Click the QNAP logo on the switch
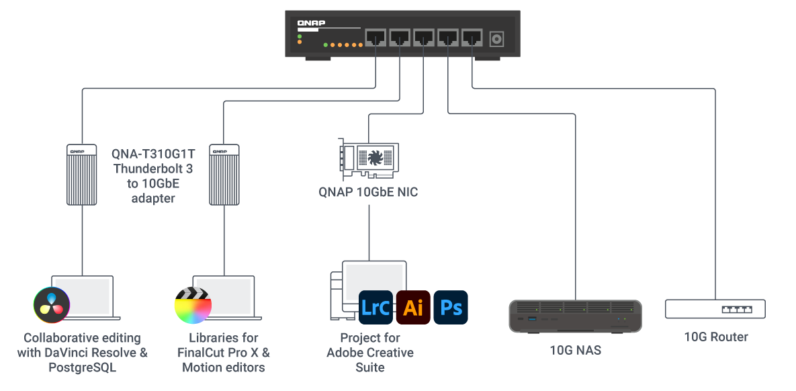tap(311, 24)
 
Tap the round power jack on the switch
tap(496, 39)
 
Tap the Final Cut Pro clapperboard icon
tap(193, 305)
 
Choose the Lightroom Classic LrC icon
tap(375, 308)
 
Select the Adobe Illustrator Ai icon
tap(413, 308)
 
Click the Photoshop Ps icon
tap(451, 308)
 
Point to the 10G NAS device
tap(575, 316)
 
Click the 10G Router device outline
tap(715, 309)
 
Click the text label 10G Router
tap(715, 337)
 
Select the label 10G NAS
tap(575, 350)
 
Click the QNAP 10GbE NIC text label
tap(368, 193)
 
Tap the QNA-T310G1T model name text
tap(154, 153)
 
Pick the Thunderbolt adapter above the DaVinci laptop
tap(81, 174)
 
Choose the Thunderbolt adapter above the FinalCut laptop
tap(224, 174)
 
